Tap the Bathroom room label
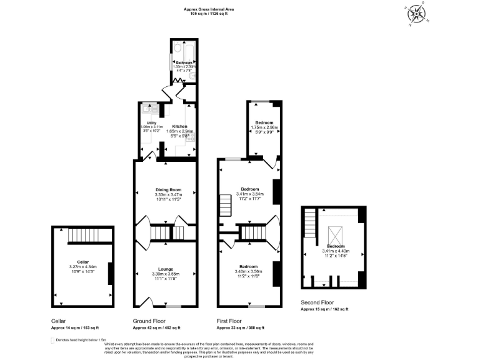point(183,62)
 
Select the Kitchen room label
point(179,126)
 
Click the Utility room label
point(151,122)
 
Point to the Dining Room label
point(168,189)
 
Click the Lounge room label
point(166,269)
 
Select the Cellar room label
point(83,261)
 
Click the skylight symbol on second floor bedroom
point(336,234)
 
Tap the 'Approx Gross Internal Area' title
point(209,9)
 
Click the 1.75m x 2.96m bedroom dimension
point(263,127)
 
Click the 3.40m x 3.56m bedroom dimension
point(248,271)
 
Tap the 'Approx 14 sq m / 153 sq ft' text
point(74,327)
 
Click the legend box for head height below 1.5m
point(52,340)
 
